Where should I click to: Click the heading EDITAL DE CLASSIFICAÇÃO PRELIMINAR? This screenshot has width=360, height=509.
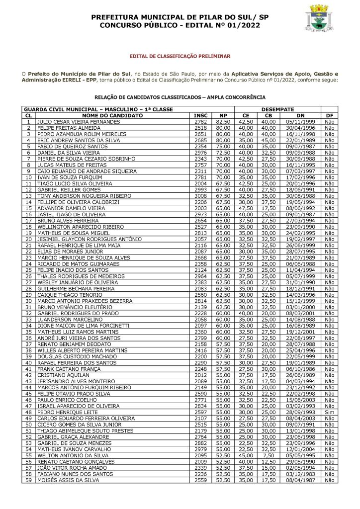click(x=180, y=57)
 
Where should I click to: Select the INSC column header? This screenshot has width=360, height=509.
click(x=200, y=115)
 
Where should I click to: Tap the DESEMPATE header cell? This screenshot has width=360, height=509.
click(x=278, y=109)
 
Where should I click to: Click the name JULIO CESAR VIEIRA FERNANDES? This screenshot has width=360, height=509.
click(x=78, y=121)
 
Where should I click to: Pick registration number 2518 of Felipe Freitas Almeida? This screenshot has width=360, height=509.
click(x=200, y=128)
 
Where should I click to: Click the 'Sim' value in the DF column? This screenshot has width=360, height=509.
click(x=329, y=412)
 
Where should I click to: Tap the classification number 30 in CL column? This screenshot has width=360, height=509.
click(x=29, y=301)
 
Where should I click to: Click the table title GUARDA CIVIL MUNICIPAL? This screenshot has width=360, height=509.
click(x=87, y=109)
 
